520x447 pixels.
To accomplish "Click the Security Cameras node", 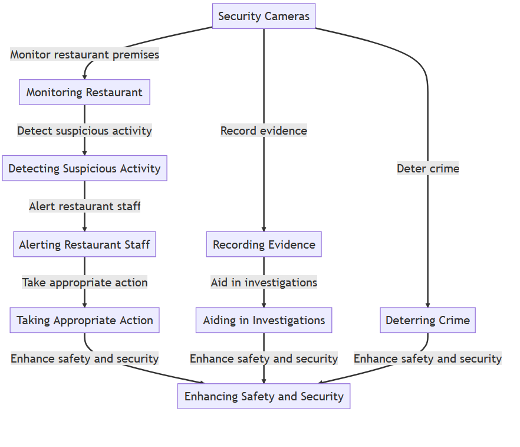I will [264, 16].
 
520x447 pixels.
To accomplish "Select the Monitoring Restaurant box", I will [84, 92].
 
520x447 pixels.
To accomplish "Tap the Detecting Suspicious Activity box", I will [84, 168].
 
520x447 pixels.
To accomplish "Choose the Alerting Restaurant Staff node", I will [84, 244].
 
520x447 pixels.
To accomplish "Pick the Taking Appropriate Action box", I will [84, 320].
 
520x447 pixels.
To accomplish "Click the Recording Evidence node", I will [264, 244].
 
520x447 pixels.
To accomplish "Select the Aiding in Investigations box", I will [264, 320].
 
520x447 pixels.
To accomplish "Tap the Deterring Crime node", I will [427, 320].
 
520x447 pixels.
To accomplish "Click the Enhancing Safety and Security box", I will [264, 396].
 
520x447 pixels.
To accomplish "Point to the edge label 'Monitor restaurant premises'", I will [84, 54].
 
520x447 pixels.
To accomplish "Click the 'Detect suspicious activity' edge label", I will [84, 130].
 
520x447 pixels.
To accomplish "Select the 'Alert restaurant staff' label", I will [84, 206].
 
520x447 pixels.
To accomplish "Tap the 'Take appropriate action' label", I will [84, 282].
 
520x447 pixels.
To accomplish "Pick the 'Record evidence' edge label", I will [264, 130].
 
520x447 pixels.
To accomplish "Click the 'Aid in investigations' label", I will [264, 282].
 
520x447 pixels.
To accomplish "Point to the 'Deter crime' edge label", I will [427, 168].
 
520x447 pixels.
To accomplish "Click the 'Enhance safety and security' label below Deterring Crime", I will [427, 358].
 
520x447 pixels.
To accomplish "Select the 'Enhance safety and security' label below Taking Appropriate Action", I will [84, 358].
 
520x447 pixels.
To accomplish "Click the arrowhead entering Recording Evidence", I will [264, 228].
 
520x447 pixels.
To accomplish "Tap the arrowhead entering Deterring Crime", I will [427, 304].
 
